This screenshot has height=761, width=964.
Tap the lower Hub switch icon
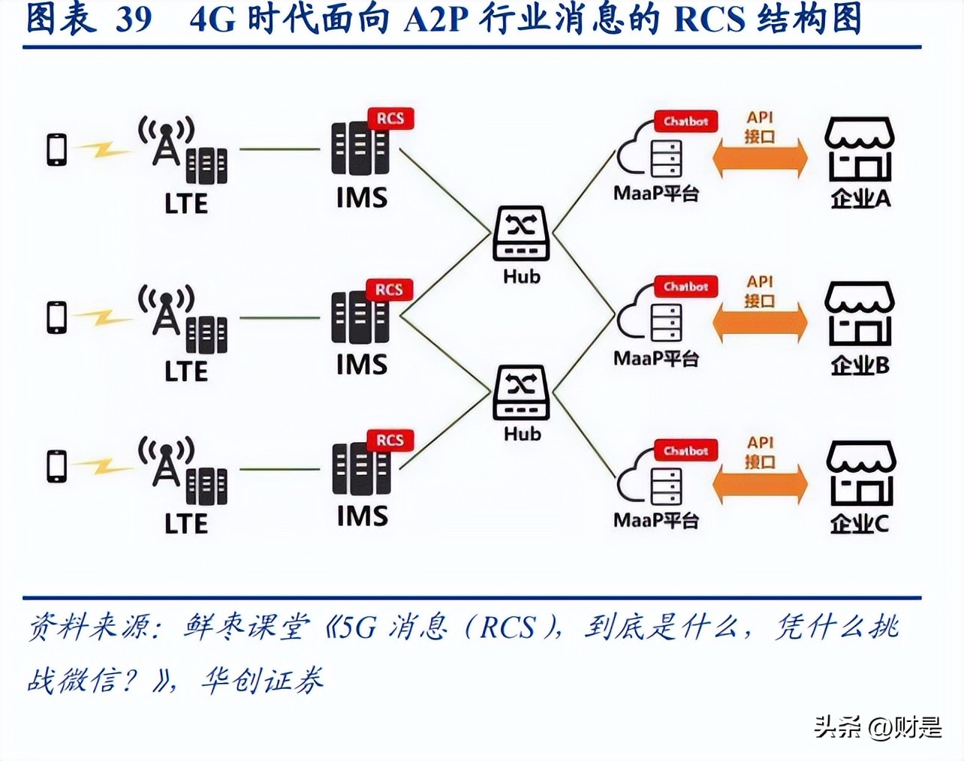point(521,392)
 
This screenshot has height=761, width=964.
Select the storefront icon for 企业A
point(860,149)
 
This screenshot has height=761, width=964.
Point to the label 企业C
point(860,523)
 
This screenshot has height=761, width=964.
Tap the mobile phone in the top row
point(57,149)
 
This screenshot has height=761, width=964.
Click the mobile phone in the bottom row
point(57,466)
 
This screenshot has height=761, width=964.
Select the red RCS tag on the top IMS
point(390,119)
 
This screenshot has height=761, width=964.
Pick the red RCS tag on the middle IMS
point(389,290)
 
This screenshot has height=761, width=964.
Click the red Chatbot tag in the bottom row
point(685,451)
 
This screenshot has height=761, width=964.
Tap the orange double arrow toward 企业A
point(760,159)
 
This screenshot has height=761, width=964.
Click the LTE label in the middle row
point(186,371)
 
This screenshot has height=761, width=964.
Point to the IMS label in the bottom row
point(362,516)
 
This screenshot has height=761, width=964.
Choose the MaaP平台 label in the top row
point(656,194)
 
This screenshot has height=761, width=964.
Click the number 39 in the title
point(134,19)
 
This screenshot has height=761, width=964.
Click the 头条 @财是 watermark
point(878,726)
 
